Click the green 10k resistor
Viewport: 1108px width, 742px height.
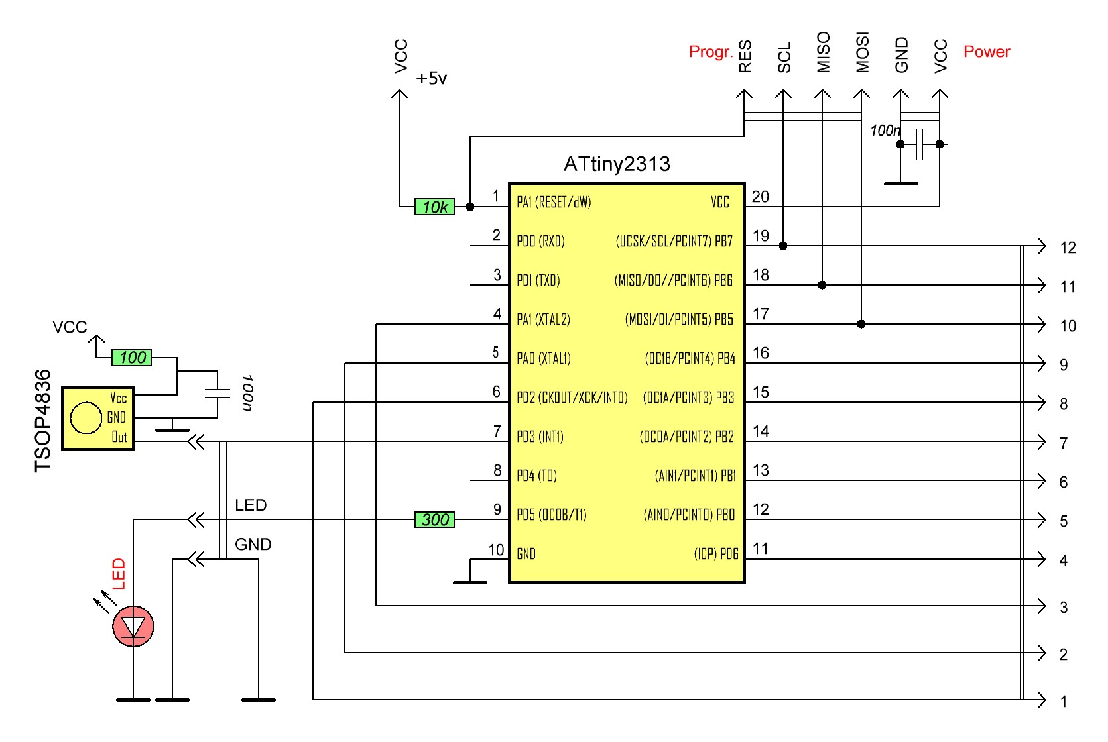point(434,207)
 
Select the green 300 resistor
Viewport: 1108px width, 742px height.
point(434,519)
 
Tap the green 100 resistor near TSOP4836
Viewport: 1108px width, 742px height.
point(131,358)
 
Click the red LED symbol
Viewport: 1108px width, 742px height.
point(133,626)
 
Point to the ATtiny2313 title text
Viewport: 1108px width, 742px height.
point(617,164)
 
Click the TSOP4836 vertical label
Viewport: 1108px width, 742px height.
point(43,420)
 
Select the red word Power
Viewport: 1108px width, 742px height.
point(986,52)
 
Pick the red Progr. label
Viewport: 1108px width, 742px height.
point(710,52)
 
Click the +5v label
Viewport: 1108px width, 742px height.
point(431,79)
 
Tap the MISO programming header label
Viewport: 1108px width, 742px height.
point(823,52)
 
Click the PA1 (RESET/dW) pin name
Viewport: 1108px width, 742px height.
point(554,202)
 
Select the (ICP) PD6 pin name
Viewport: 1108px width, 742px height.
point(715,554)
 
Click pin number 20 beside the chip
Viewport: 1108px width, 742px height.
point(761,197)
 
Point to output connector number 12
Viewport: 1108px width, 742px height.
point(1068,248)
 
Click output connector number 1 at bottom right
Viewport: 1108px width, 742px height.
point(1064,702)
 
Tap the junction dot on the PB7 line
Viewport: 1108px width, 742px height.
point(783,246)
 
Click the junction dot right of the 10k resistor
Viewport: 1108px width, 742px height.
point(470,207)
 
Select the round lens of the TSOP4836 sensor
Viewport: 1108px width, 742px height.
point(86,418)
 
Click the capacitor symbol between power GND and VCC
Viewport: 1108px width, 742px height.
point(919,144)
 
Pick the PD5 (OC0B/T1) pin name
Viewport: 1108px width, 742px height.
point(552,515)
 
